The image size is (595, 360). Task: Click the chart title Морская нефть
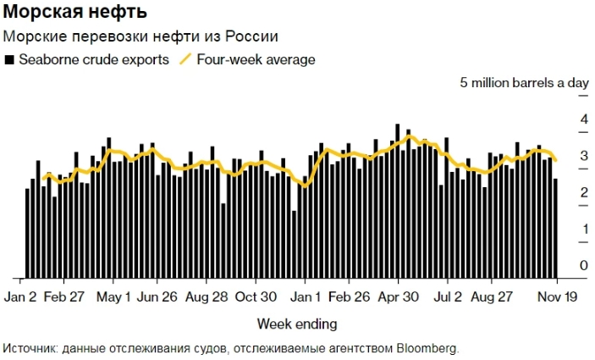75,13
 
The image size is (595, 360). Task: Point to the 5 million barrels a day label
524,83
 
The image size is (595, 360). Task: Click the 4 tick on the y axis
583,120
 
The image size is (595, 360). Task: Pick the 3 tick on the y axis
583,157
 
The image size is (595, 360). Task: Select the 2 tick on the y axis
583,193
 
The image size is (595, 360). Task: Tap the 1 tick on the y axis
583,230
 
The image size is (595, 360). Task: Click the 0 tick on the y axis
583,266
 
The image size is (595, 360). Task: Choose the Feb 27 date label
64,297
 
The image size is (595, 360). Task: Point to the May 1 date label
114,297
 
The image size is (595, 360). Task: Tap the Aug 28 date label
206,297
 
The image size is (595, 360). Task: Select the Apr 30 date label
399,297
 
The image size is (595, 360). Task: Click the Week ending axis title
296,324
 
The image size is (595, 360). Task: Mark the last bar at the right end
555,227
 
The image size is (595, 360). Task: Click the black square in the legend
9,60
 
